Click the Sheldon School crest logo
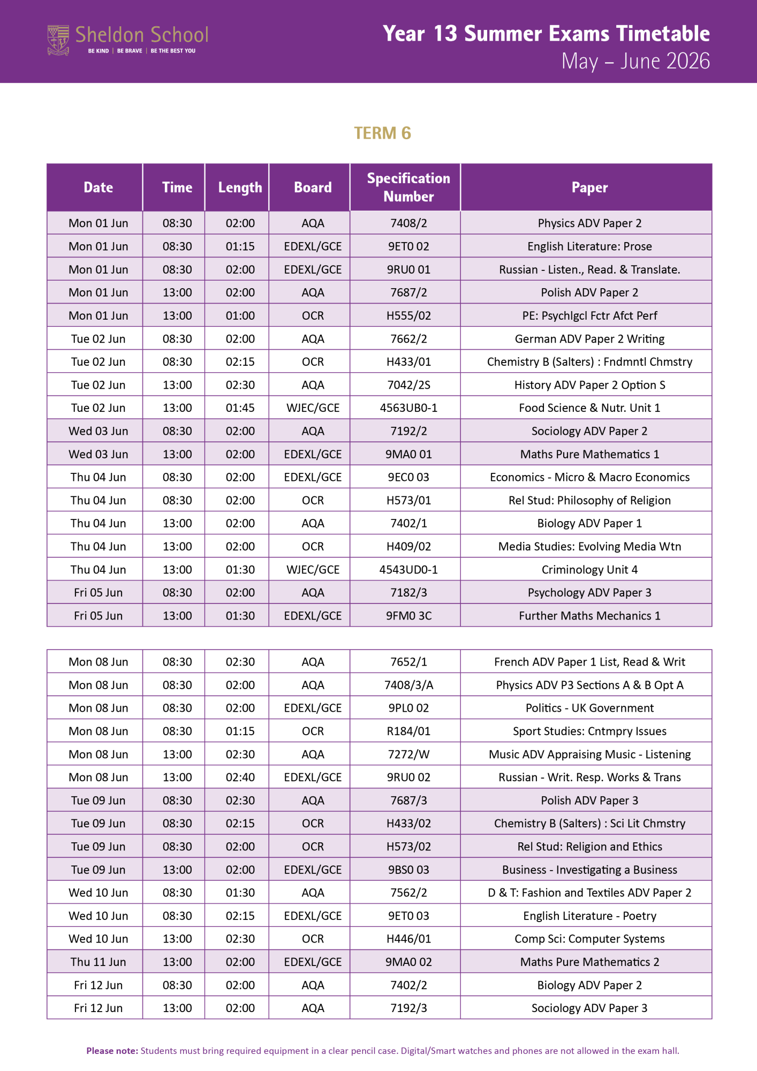pos(58,40)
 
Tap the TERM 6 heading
pos(382,133)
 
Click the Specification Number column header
pos(408,187)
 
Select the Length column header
pos(240,187)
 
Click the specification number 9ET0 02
pos(408,246)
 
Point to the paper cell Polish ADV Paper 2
pos(589,292)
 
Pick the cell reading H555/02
pos(408,315)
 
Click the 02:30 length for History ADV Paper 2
pos(240,385)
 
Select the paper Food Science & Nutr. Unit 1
pos(589,408)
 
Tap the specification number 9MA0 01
pos(408,454)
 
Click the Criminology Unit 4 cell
pos(589,570)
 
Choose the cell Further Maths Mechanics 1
pos(589,616)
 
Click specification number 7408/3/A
pos(408,685)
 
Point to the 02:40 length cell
pos(240,777)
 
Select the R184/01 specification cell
pos(408,731)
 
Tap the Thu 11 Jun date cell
pos(98,962)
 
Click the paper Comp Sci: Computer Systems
pos(589,939)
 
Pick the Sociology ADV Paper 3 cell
pos(589,1008)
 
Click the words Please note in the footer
pos(112,1051)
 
